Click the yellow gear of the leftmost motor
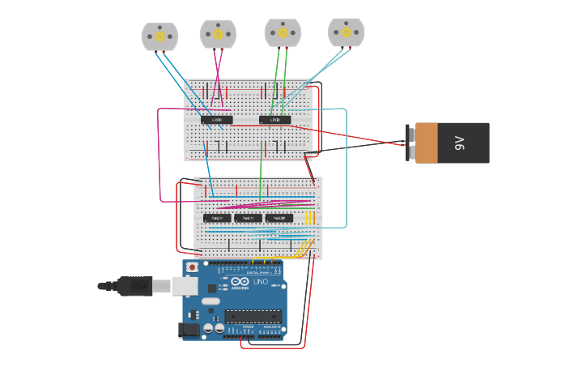160,36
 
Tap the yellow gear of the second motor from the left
218,34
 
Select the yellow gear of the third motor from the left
282,33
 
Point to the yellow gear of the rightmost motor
346,32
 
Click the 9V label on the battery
460,143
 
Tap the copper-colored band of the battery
426,143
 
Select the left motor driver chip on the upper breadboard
217,120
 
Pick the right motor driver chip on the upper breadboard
274,120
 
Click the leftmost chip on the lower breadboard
217,218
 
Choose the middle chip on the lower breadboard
248,218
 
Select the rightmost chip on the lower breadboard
279,218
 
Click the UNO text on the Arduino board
261,282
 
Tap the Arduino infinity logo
240,282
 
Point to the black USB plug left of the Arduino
134,286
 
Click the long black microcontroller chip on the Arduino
253,316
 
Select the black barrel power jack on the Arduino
189,330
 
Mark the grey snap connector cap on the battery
410,143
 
